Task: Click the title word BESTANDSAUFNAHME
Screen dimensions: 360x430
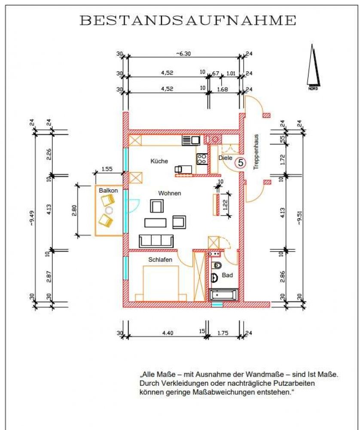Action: tap(188, 20)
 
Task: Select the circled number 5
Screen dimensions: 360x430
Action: tap(240, 163)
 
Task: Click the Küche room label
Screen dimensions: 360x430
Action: tap(159, 161)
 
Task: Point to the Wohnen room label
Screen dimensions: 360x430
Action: tap(170, 193)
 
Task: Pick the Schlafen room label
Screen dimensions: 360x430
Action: tap(160, 259)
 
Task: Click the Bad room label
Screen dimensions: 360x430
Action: tap(227, 275)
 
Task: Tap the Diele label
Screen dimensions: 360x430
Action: tap(225, 158)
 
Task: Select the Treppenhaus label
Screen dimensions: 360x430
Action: tap(256, 152)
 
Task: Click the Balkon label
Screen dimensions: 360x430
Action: tap(108, 190)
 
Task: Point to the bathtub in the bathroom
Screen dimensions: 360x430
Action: tap(223, 295)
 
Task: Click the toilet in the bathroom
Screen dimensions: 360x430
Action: tap(217, 265)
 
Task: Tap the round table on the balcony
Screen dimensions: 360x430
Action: tap(109, 210)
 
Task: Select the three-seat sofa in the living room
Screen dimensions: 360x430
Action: tap(156, 241)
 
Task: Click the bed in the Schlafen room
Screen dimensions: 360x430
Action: tap(161, 283)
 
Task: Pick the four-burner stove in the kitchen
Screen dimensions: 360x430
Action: tap(201, 159)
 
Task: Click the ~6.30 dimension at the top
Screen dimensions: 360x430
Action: tap(183, 54)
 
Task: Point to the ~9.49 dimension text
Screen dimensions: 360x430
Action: tap(32, 218)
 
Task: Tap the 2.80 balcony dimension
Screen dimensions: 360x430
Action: tap(74, 210)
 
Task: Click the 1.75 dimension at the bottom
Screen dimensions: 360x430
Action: tap(223, 333)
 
